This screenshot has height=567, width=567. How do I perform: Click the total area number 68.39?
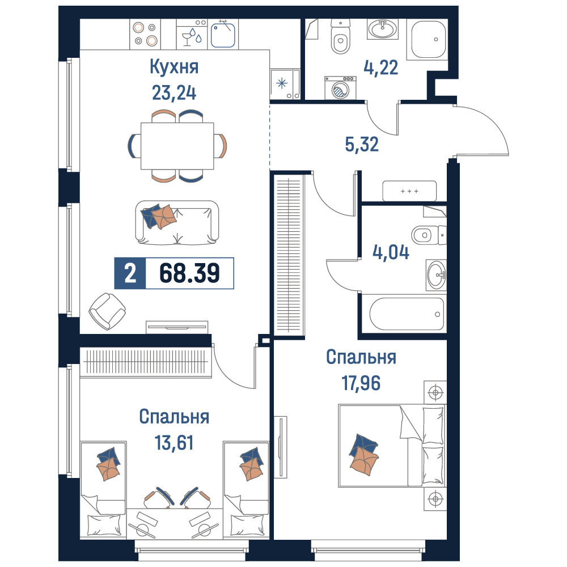pos(189,273)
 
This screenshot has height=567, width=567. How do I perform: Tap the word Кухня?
pos(174,67)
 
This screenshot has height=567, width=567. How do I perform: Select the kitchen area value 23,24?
pos(174,92)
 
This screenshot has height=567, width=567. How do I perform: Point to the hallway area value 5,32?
pos(362,144)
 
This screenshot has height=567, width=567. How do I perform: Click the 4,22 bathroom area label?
pos(381,67)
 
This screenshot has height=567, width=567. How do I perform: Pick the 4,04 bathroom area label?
pos(391,252)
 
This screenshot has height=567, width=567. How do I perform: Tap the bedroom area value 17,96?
pos(361,383)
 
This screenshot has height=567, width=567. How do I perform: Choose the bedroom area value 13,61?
pos(174,443)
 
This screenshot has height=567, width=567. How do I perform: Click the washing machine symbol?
pos(340,88)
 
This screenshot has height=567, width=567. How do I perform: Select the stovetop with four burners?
pos(145,34)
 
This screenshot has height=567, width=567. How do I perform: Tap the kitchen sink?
pos(223,34)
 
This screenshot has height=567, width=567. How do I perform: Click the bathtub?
pos(407,314)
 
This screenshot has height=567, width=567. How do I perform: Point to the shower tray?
pos(428,39)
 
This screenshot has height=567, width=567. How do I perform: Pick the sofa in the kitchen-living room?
pos(177,222)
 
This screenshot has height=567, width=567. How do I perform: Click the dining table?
pos(177,146)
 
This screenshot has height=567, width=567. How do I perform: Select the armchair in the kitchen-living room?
pos(107,311)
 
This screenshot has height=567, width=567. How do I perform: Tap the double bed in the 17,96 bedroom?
pos(392,446)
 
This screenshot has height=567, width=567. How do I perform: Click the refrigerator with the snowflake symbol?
pos(285,84)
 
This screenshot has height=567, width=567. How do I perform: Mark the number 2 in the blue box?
pos(130,273)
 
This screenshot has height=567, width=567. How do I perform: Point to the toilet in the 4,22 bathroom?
pos(341,36)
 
